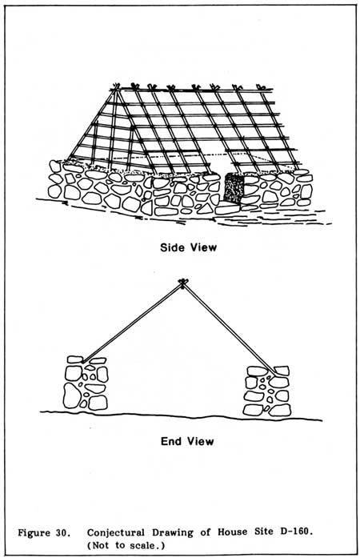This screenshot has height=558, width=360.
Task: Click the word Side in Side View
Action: pos(171,247)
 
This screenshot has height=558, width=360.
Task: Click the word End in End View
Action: pos(170,441)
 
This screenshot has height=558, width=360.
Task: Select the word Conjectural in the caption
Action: pos(116,532)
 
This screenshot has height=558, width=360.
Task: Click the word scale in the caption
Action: pos(148,545)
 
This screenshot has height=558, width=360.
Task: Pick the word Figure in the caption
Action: pos(34,533)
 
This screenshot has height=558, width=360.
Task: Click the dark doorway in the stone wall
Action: pos(234,187)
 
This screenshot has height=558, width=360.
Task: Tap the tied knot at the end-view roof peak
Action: pos(183,283)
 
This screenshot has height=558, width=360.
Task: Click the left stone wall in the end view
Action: pos(86,383)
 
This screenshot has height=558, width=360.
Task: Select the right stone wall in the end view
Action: pos(267,391)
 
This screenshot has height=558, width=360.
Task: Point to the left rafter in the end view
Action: pos(132,323)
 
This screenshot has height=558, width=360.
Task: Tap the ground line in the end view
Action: pos(181,415)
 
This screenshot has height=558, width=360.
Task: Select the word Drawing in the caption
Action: pos(173,532)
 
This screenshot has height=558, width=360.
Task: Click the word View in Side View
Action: pos(202,247)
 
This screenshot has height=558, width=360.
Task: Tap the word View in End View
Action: pos(201,441)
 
